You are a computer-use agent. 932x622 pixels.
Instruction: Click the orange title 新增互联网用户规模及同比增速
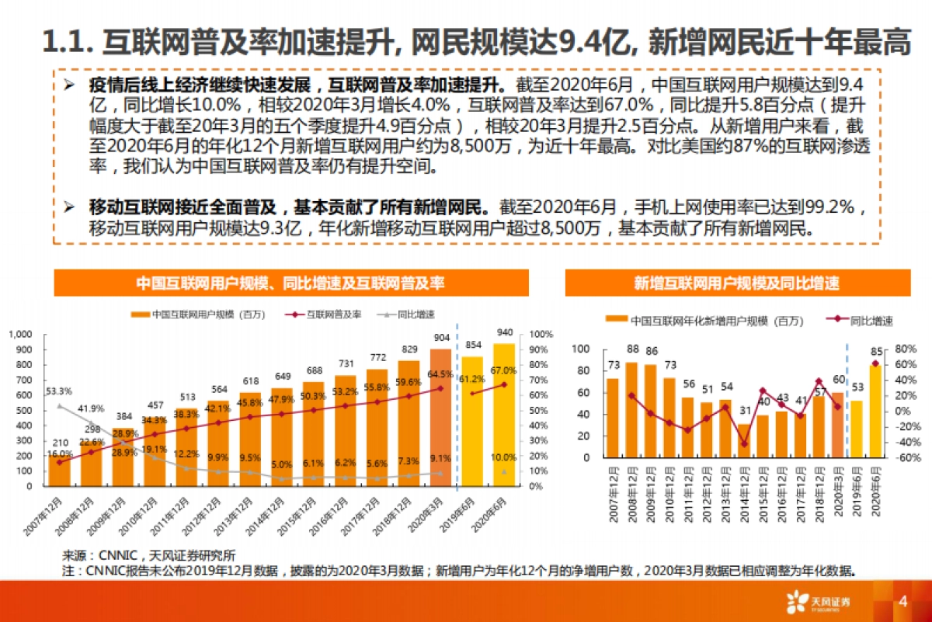pos(736,283)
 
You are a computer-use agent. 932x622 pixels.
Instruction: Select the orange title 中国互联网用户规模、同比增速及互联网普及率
pos(290,283)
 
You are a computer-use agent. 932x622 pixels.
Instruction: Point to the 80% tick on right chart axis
pos(906,349)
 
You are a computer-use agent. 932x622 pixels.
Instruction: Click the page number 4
pos(902,602)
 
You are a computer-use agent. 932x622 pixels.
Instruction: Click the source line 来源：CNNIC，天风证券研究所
pos(148,555)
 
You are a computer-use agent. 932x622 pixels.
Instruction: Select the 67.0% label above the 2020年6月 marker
pos(504,370)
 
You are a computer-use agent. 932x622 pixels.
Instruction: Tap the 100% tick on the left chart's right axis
pos(541,334)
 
